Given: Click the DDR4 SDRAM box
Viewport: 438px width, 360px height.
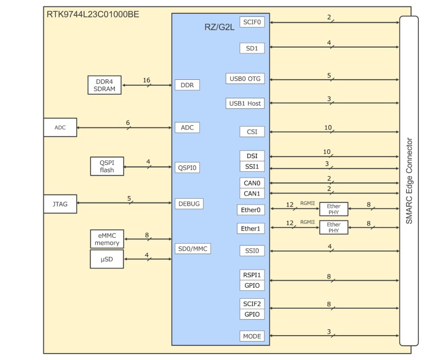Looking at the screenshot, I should point(104,85).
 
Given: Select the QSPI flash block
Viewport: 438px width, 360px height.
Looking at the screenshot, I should point(107,167).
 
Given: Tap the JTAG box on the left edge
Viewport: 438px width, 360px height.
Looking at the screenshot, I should point(60,204).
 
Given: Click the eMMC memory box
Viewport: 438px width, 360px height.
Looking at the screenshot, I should point(107,239).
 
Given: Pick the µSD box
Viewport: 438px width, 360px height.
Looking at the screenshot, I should point(107,259).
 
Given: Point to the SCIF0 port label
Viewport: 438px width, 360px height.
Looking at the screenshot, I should point(252,22).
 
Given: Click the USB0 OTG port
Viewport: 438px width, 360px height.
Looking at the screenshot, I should point(245,79).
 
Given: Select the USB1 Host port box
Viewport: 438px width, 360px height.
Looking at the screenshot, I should point(245,103).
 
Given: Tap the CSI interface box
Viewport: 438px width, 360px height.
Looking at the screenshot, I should point(252,131).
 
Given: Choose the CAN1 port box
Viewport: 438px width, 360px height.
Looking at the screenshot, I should point(252,193).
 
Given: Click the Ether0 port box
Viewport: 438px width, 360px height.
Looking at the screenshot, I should point(251,210).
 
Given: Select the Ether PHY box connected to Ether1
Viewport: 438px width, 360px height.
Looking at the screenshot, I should point(334,228).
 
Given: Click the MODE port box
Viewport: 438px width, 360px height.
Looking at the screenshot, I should point(252,336).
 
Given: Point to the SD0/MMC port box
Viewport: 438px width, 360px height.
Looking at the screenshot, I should point(193,248).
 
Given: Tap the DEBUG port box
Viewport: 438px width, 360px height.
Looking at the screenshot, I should point(189,204).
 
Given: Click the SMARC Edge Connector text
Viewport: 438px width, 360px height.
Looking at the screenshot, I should point(409,181).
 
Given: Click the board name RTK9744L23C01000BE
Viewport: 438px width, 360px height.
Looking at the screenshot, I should point(93,14).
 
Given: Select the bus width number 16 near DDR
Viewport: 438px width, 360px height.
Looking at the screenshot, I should point(147,80).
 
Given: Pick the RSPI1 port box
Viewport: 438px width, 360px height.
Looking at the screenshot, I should point(252,275).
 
